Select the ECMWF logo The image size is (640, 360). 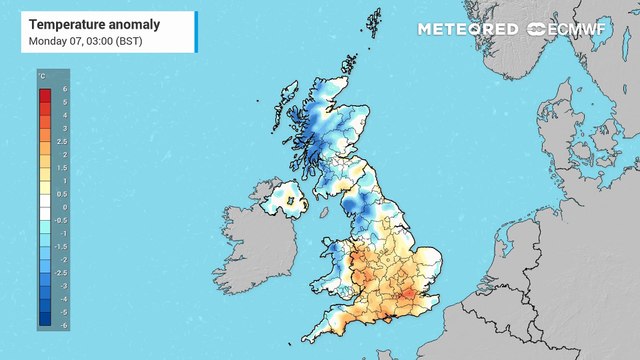click(574, 29)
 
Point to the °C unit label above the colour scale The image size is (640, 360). click(43, 76)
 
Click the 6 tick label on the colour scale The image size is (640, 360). click(64, 91)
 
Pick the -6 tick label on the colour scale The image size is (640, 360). click(65, 324)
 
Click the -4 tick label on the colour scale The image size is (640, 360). click(65, 298)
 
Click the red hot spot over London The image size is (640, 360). click(406, 296)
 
